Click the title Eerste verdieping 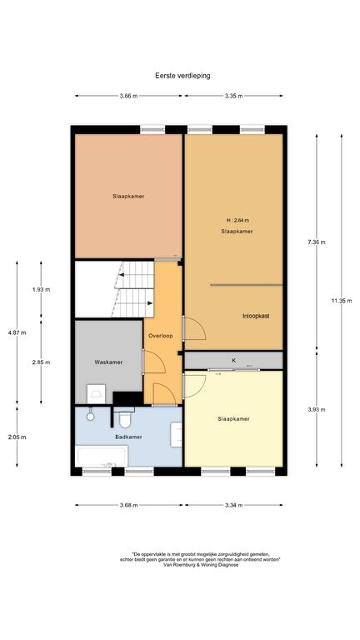coord(182,76)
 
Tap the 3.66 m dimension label coord(128,96)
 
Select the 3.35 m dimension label coord(233,96)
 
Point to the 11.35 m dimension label coord(341,301)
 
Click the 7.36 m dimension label coord(317,242)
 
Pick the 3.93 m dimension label coord(317,410)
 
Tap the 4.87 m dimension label coord(17,332)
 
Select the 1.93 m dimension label coord(41,290)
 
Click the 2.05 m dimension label coord(17,437)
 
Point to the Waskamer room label coord(108,362)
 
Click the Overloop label coord(160,336)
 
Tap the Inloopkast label coord(256,316)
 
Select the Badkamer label coord(128,437)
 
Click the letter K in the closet coord(234,360)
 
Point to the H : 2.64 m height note coord(237,220)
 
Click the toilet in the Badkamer coord(124,417)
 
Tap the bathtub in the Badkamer coord(102,456)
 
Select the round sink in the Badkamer coord(90,416)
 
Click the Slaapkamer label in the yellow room coord(233,419)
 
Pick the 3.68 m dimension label coord(128,505)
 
